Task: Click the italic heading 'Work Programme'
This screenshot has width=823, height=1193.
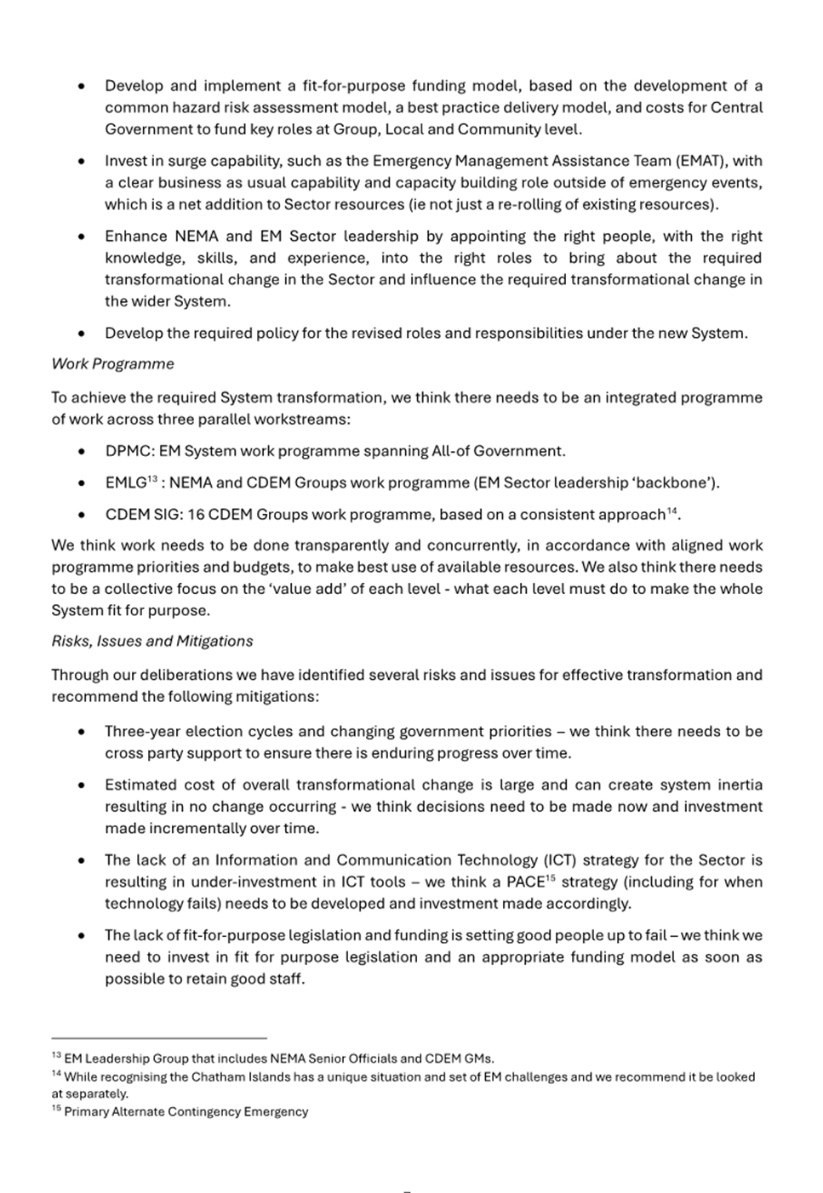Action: click(112, 364)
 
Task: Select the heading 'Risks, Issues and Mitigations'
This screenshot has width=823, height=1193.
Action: click(151, 642)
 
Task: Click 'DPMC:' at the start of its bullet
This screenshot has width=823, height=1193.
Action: click(129, 451)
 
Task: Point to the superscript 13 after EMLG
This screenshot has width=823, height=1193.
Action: click(153, 479)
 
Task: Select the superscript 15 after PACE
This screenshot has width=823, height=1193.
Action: click(551, 878)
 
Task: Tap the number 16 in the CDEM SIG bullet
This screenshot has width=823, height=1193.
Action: click(196, 515)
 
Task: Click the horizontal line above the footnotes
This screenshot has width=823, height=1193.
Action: click(159, 1038)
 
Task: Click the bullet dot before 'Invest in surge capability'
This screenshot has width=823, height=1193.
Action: click(81, 162)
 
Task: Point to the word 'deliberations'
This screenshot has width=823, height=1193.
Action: click(186, 676)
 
